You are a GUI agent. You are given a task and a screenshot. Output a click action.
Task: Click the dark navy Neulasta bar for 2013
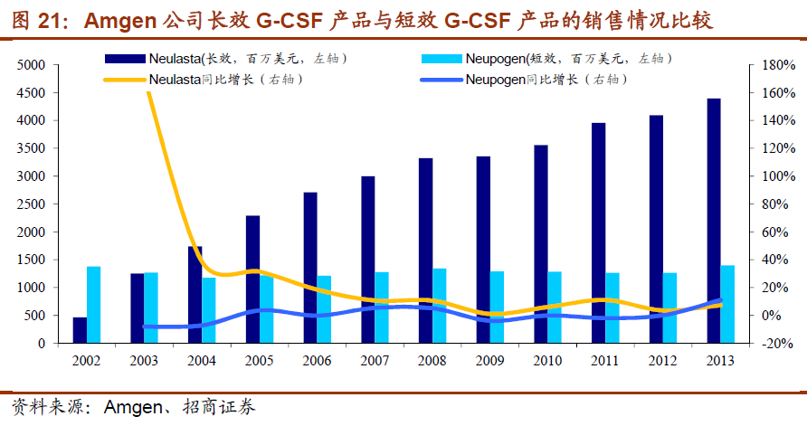(714, 222)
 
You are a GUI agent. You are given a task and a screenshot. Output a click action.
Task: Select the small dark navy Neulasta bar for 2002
(80, 330)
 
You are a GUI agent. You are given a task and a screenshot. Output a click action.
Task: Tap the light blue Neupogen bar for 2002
(93, 305)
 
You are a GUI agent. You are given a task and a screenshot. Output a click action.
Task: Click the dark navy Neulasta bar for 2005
(252, 279)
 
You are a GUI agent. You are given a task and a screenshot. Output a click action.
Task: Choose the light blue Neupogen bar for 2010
(555, 308)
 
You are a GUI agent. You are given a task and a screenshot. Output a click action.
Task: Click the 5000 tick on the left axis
(31, 65)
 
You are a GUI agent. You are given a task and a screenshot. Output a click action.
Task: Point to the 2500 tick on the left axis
(31, 204)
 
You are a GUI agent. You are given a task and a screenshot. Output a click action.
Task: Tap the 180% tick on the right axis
(777, 65)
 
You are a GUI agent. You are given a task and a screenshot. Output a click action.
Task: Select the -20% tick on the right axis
(777, 344)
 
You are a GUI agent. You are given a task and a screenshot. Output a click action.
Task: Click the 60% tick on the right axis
(777, 232)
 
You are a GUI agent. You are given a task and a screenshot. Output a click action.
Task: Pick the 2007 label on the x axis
(375, 360)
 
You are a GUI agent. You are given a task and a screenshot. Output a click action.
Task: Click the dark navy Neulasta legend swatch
(125, 59)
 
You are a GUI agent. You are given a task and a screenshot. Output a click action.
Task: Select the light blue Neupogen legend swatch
(442, 59)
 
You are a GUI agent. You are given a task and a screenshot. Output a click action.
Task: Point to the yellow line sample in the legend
(125, 80)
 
